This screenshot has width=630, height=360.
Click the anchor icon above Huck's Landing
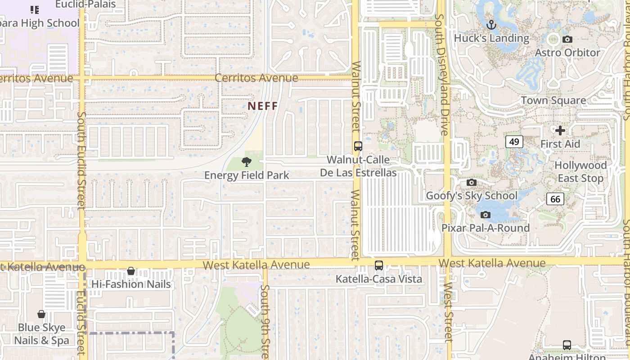click(491, 25)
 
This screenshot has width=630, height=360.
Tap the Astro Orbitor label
click(567, 53)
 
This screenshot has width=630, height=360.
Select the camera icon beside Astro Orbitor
click(567, 40)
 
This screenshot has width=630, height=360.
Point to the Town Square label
click(553, 100)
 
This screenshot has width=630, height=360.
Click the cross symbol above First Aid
click(560, 130)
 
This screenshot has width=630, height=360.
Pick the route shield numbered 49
click(514, 142)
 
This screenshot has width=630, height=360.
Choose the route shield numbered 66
click(555, 198)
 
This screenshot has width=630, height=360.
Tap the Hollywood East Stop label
click(580, 172)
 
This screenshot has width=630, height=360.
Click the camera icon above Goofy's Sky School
click(471, 182)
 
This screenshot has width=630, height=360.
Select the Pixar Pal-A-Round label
click(485, 228)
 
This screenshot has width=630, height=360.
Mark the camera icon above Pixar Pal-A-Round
click(485, 215)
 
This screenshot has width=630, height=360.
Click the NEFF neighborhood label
click(263, 106)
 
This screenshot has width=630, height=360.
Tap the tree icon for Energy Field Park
click(246, 162)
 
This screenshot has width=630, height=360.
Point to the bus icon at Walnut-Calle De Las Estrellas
click(358, 146)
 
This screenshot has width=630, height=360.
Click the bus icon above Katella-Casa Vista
click(379, 265)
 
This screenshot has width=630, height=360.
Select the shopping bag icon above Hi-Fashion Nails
click(131, 271)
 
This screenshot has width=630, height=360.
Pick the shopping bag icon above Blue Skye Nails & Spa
click(41, 314)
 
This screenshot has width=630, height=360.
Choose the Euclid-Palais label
click(85, 4)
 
